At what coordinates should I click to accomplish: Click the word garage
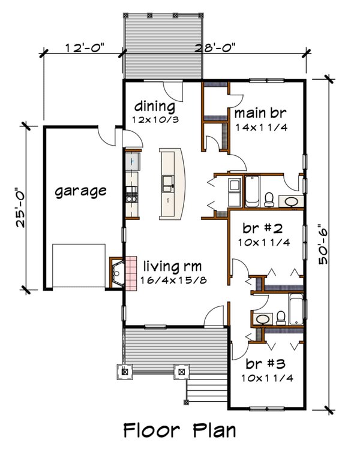pos(80,191)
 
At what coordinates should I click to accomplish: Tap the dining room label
pos(154,107)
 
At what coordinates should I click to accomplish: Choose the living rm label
pos(171,266)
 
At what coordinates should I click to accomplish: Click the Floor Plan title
pos(179,430)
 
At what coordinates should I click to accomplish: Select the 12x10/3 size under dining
pos(154,120)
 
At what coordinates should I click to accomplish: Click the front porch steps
pos(206,390)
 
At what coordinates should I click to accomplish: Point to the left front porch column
pos(125,370)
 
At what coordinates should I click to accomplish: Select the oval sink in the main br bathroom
pos(292,201)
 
